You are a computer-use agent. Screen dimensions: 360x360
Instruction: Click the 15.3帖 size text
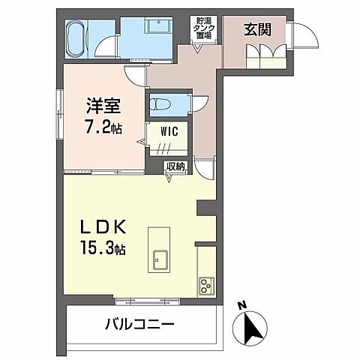coord(103,247)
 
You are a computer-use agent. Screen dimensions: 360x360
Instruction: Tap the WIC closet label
coord(168,131)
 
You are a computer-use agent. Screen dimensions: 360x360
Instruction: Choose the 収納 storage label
coord(175,166)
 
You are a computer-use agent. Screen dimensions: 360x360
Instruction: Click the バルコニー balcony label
coord(139,325)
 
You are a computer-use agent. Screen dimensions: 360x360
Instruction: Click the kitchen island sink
coord(161,259)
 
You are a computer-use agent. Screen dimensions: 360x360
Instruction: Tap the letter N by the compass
coord(241,305)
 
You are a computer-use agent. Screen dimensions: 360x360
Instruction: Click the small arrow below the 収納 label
coord(169,178)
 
